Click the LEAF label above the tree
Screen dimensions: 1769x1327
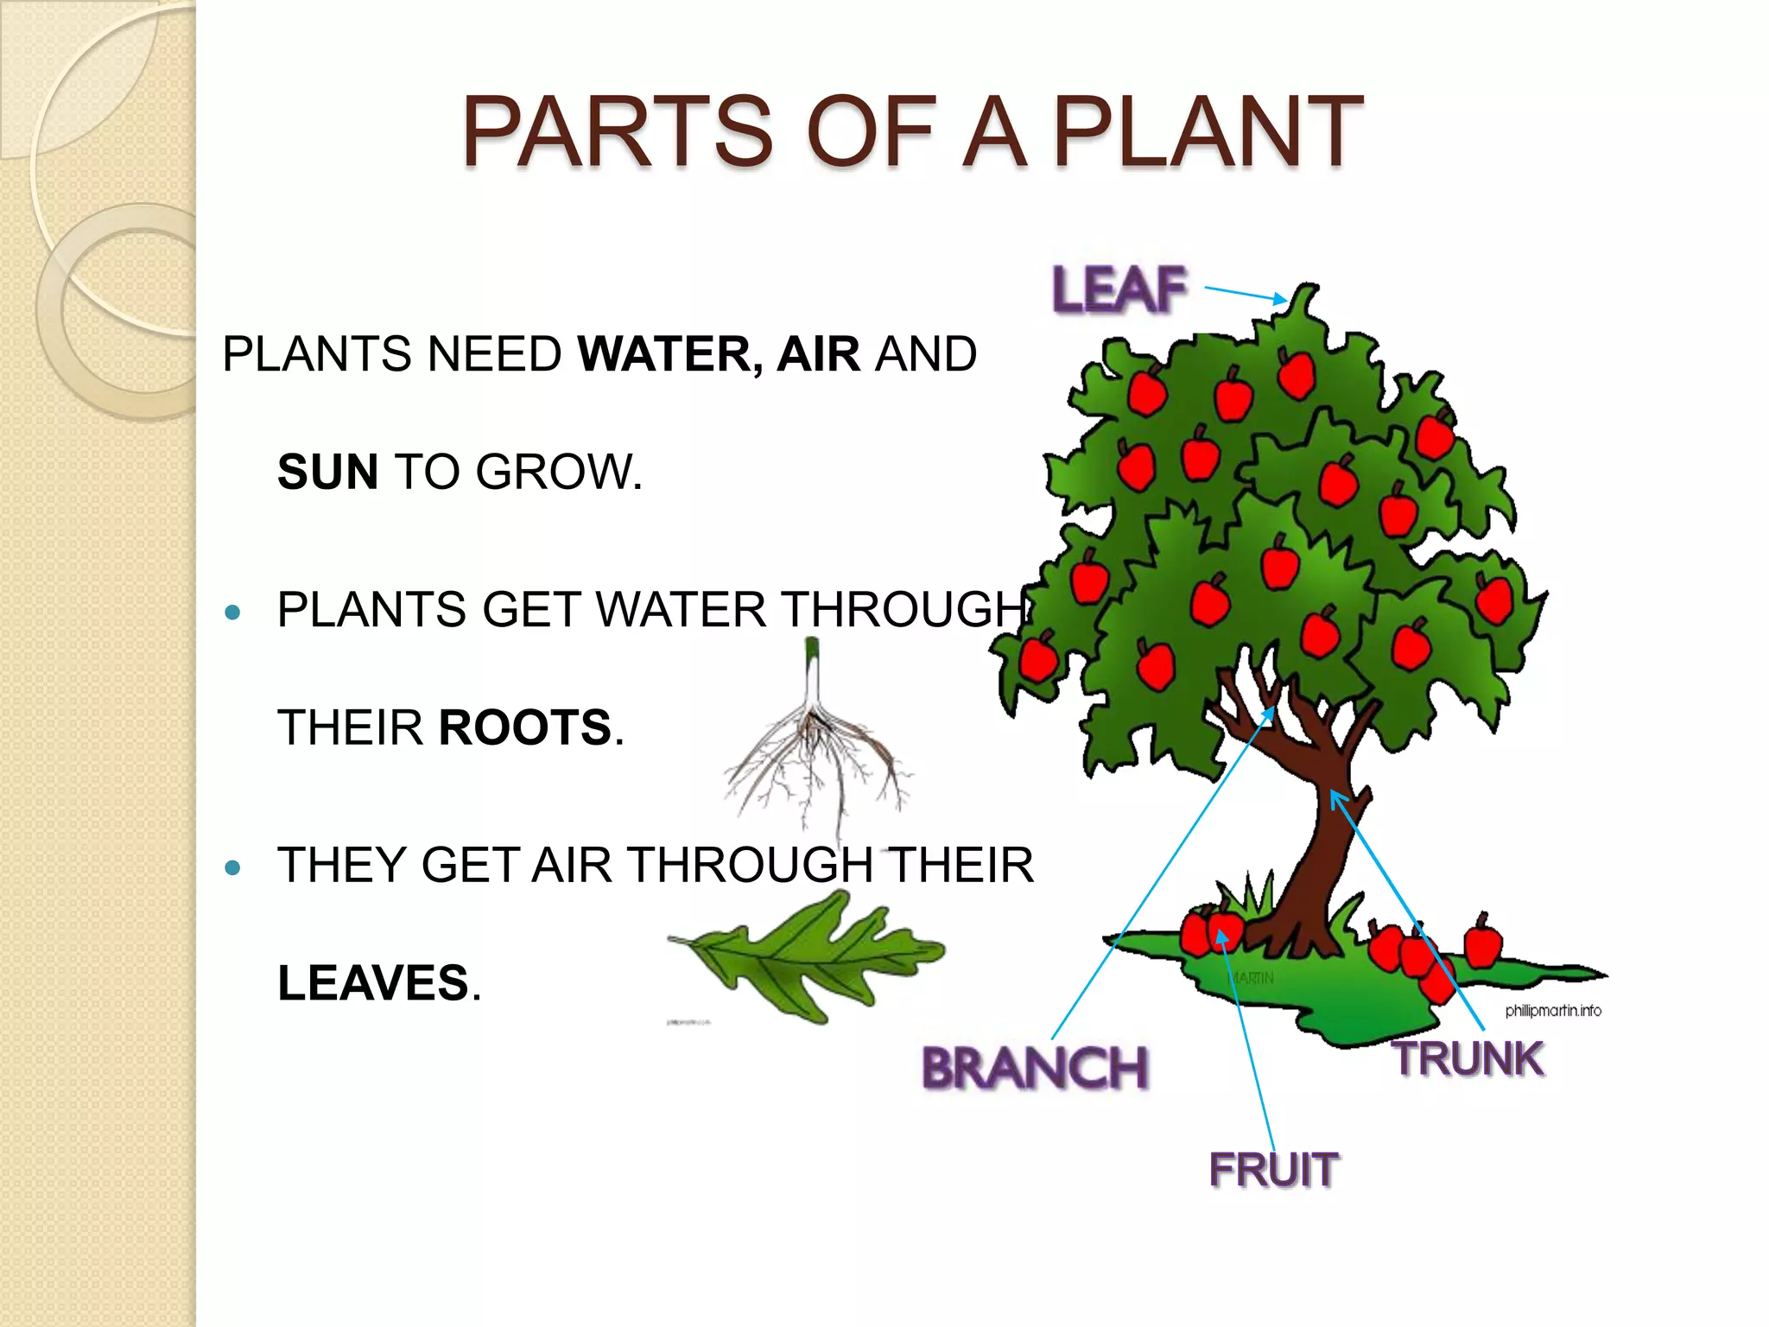(1119, 289)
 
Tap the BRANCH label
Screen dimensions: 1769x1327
(1035, 1068)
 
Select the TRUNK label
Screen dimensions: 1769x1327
(1469, 1059)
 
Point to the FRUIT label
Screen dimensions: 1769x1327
(1274, 1171)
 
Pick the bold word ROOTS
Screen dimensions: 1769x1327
(525, 727)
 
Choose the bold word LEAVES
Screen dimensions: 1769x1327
(373, 983)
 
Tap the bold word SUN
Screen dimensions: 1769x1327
(327, 472)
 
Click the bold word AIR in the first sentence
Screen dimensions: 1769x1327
(818, 354)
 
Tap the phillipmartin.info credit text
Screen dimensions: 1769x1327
(1553, 1010)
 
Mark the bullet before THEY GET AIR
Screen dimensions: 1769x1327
(232, 867)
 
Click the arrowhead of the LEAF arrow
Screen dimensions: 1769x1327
(1279, 299)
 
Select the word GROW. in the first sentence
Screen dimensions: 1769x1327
(559, 472)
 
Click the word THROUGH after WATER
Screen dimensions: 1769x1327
(904, 610)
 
